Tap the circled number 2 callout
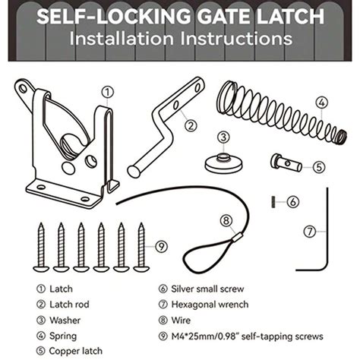(190, 127)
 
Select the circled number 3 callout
(223, 137)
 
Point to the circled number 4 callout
(322, 102)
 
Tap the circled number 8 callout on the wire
(226, 221)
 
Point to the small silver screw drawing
(272, 201)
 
